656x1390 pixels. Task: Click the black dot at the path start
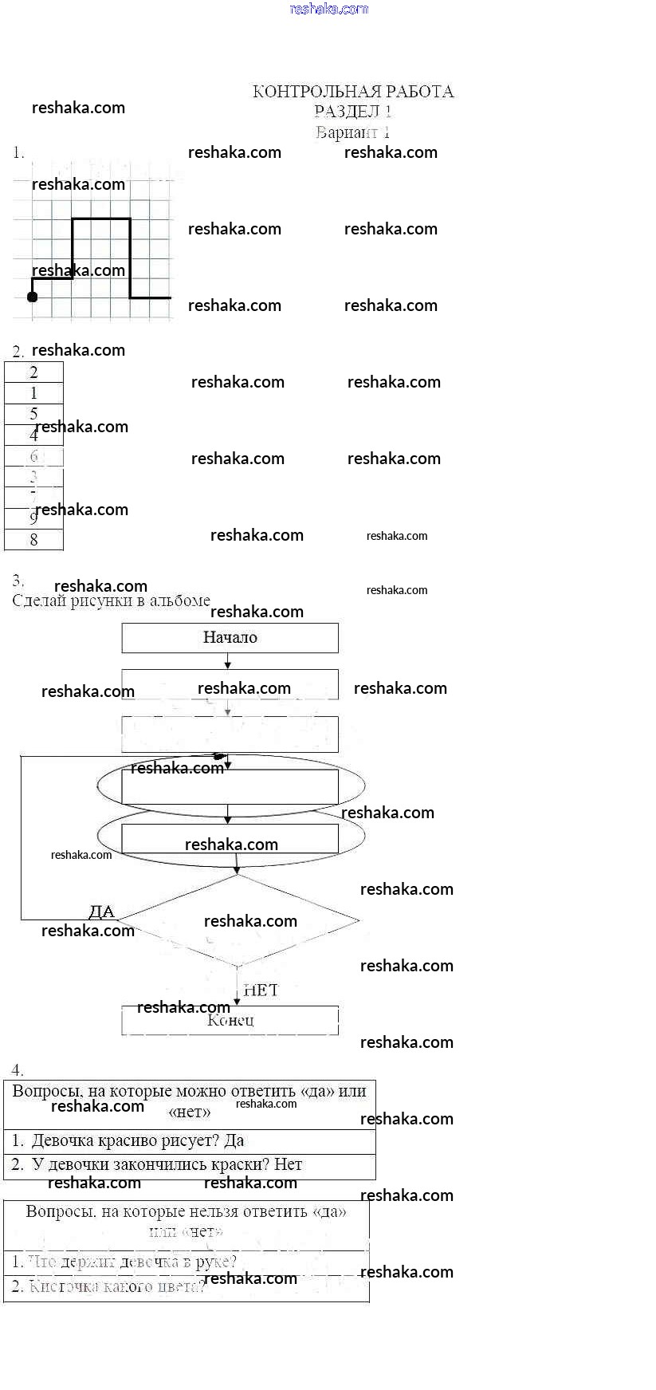[32, 297]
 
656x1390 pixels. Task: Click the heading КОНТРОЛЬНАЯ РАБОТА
[352, 92]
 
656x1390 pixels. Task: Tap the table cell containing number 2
[33, 372]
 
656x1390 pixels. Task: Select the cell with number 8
[33, 540]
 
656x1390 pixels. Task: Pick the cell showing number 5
[33, 413]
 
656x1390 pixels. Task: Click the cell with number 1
[33, 393]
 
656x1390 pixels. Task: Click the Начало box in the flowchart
[230, 638]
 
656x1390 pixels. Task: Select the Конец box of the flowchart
[230, 1021]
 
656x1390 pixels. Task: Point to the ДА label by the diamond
[101, 912]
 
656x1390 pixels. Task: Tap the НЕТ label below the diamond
[261, 990]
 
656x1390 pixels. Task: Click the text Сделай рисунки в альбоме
[112, 600]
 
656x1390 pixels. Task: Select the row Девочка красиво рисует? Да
[189, 1141]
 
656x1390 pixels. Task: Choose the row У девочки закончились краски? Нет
[189, 1165]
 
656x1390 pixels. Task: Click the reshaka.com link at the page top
[329, 9]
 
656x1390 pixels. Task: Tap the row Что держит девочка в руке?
[186, 1262]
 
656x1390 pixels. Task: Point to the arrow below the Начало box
[228, 661]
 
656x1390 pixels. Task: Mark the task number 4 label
[18, 1070]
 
